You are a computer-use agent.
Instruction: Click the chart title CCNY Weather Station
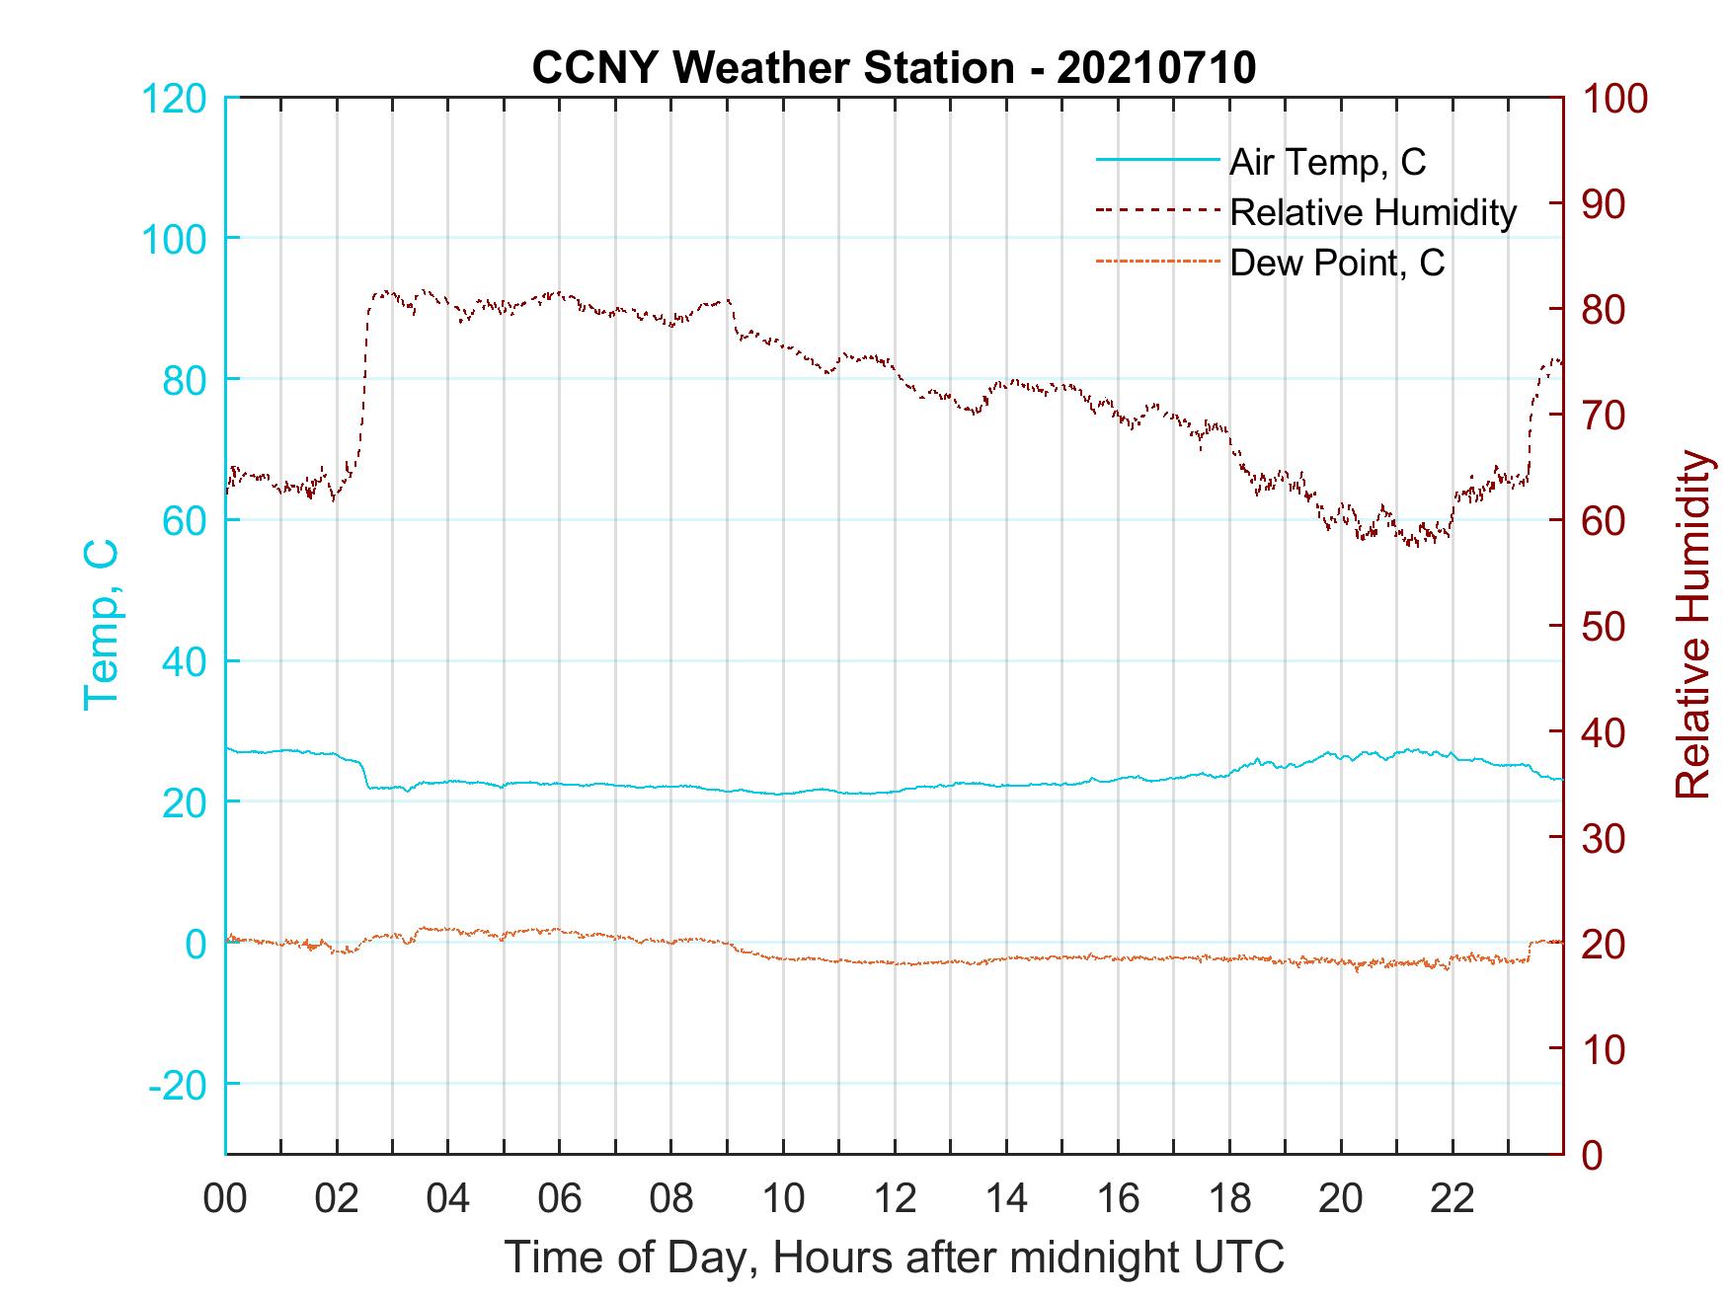pyautogui.click(x=894, y=68)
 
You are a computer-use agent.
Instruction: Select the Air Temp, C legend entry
pyautogui.click(x=1327, y=162)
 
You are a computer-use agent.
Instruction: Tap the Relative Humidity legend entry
pyautogui.click(x=1373, y=212)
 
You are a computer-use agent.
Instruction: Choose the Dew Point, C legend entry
pyautogui.click(x=1337, y=264)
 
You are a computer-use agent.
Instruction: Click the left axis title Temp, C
pyautogui.click(x=101, y=625)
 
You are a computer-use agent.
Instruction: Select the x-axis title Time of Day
pyautogui.click(x=895, y=1258)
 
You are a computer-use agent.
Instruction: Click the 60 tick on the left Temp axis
pyautogui.click(x=185, y=520)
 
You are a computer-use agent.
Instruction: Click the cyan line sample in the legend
pyautogui.click(x=1157, y=161)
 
